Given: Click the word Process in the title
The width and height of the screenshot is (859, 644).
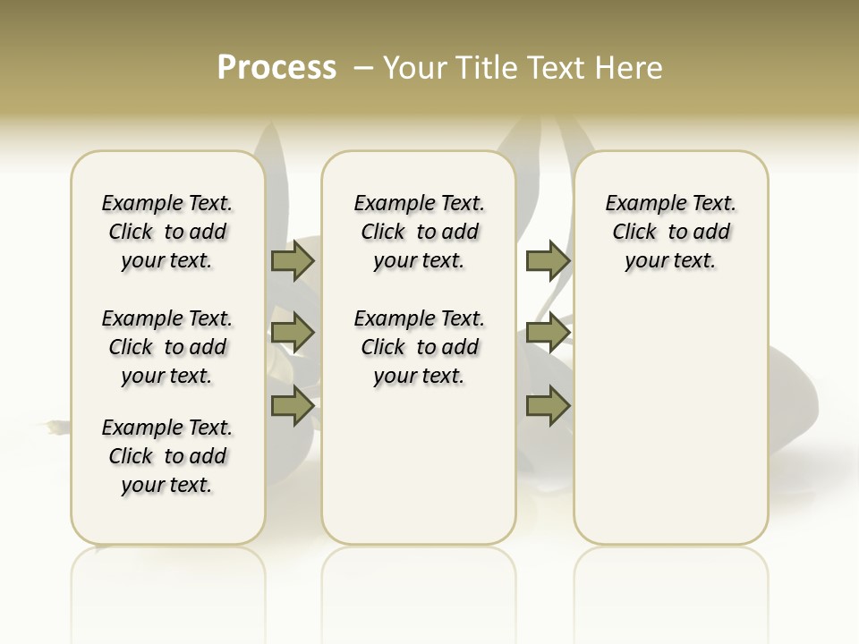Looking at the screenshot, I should point(276,68).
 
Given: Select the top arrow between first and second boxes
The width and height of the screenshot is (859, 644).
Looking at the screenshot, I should point(293,260).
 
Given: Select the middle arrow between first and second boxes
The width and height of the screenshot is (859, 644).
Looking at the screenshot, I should point(293,333).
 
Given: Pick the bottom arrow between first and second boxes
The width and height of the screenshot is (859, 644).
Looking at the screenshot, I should point(293,405).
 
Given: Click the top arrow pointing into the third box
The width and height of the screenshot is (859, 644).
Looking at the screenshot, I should point(548,260).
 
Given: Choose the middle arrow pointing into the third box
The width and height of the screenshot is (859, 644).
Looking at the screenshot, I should point(548,333).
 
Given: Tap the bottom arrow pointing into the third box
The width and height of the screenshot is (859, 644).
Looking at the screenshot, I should point(548,405).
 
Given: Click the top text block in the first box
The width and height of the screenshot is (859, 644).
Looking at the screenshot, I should point(167,232).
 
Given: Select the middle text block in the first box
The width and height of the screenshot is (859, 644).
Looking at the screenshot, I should point(167,347).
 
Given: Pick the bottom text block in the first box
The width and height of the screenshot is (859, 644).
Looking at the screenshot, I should point(167,456).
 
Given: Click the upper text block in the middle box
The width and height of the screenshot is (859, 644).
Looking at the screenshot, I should point(419,232).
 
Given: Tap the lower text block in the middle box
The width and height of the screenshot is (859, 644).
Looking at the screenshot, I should point(419,347).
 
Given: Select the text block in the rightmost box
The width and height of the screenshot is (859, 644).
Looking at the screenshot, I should point(670,232).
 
